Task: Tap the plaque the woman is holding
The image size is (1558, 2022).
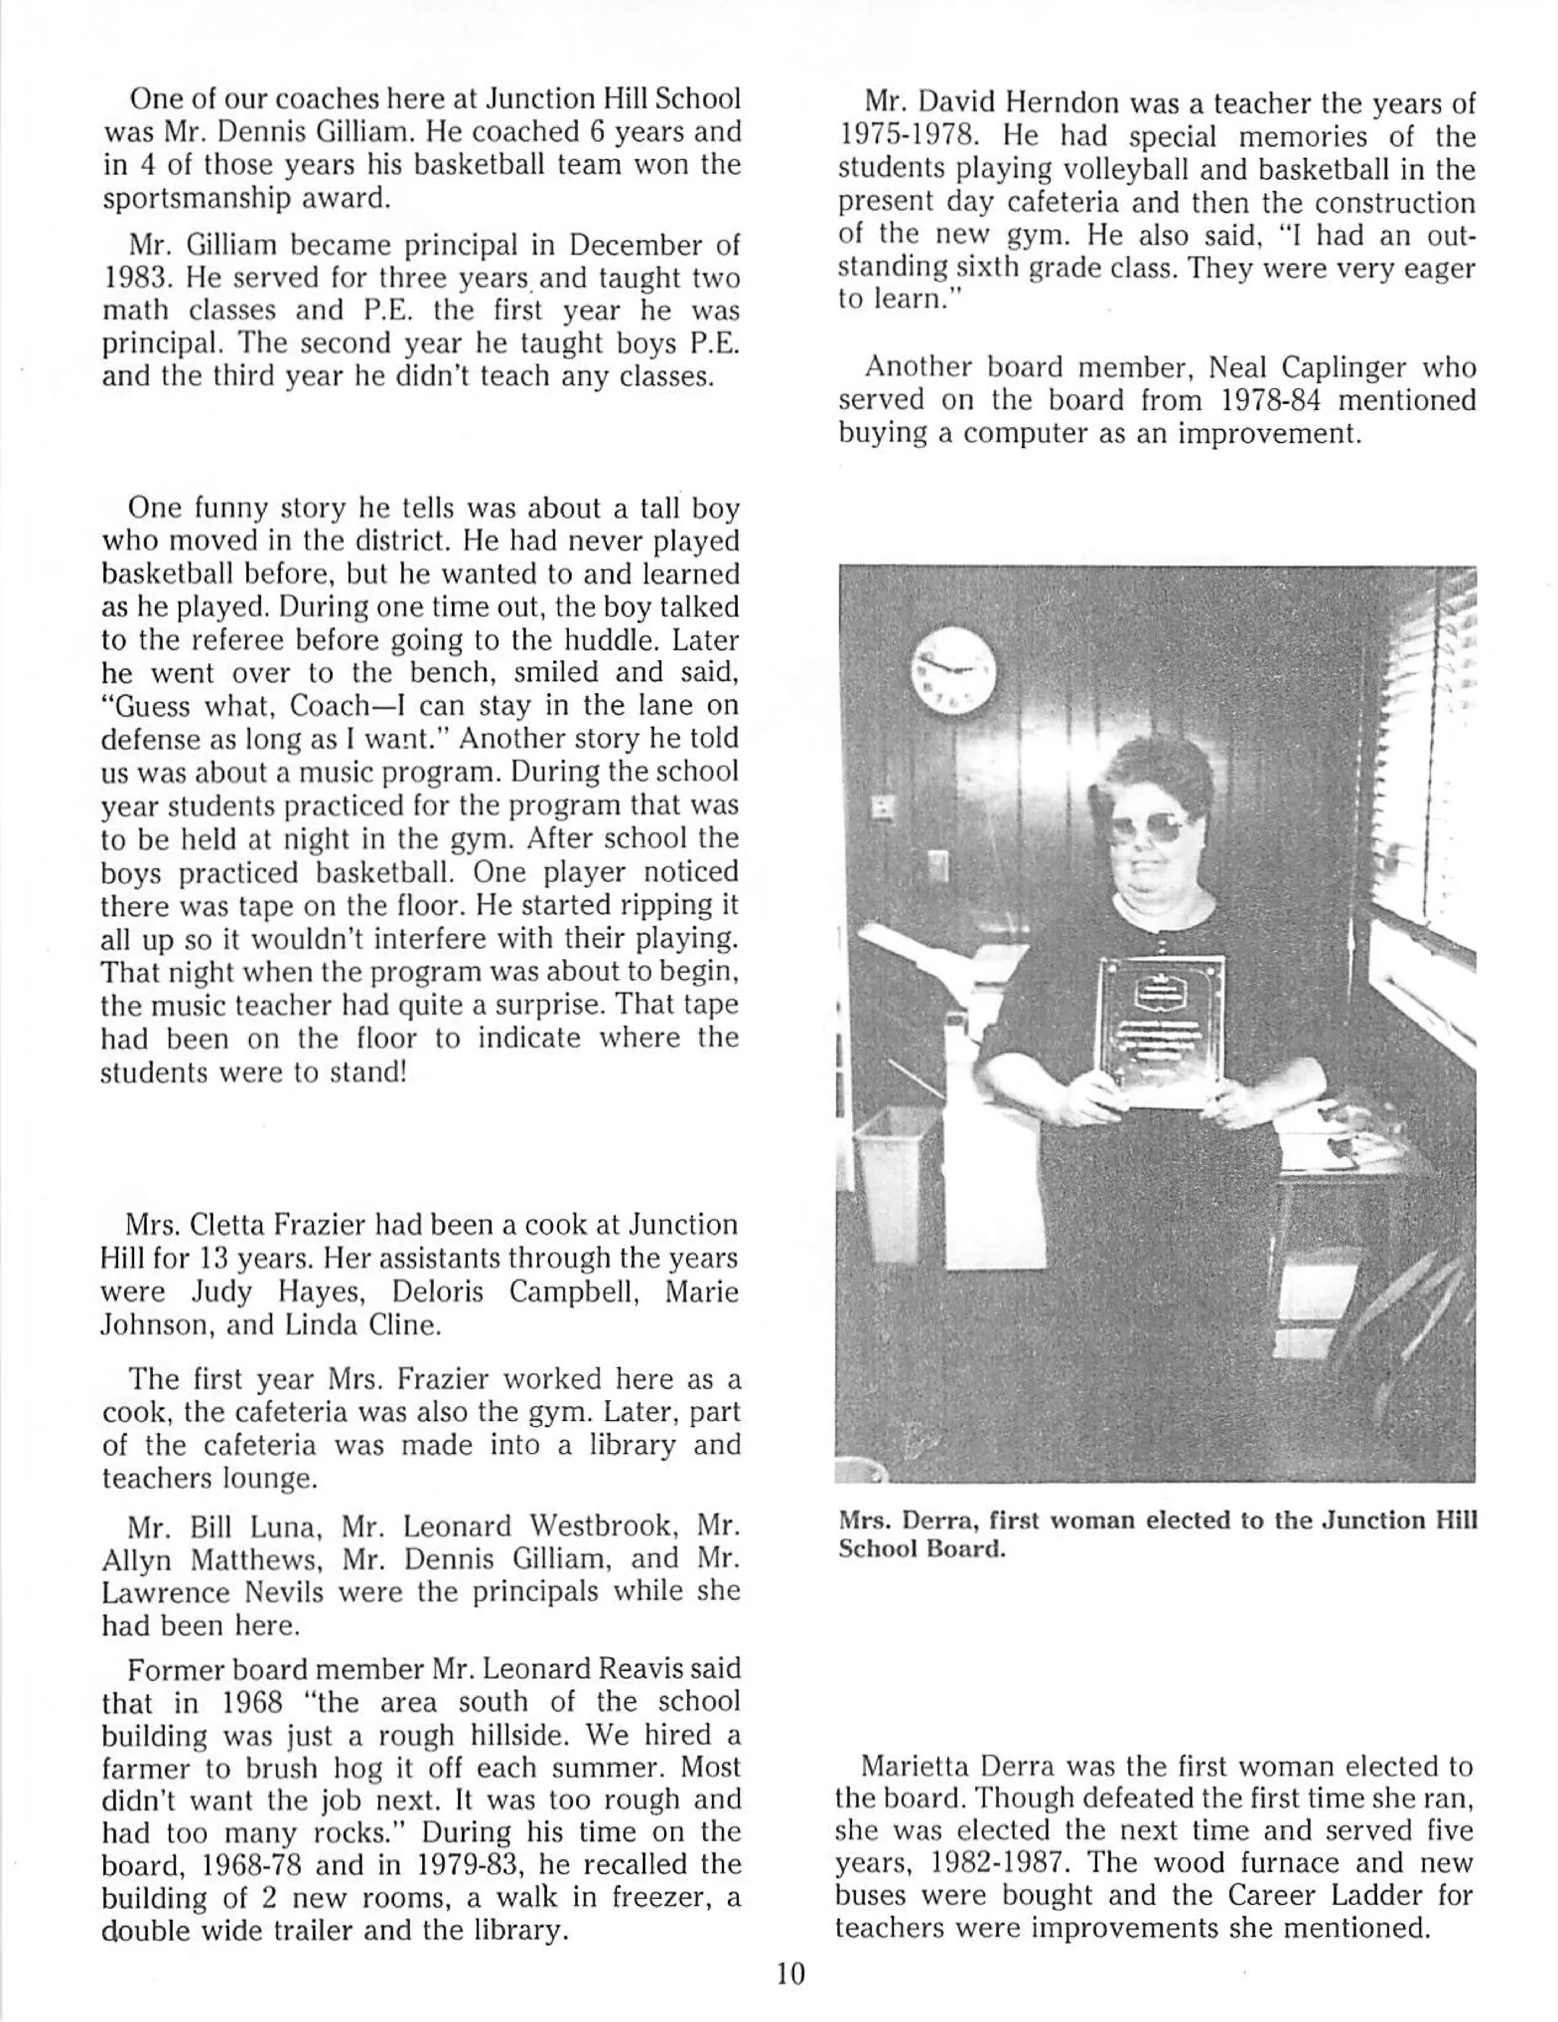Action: pos(1159,1032)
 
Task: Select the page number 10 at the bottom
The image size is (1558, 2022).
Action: pos(790,1974)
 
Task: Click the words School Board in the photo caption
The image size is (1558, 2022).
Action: pos(921,1549)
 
